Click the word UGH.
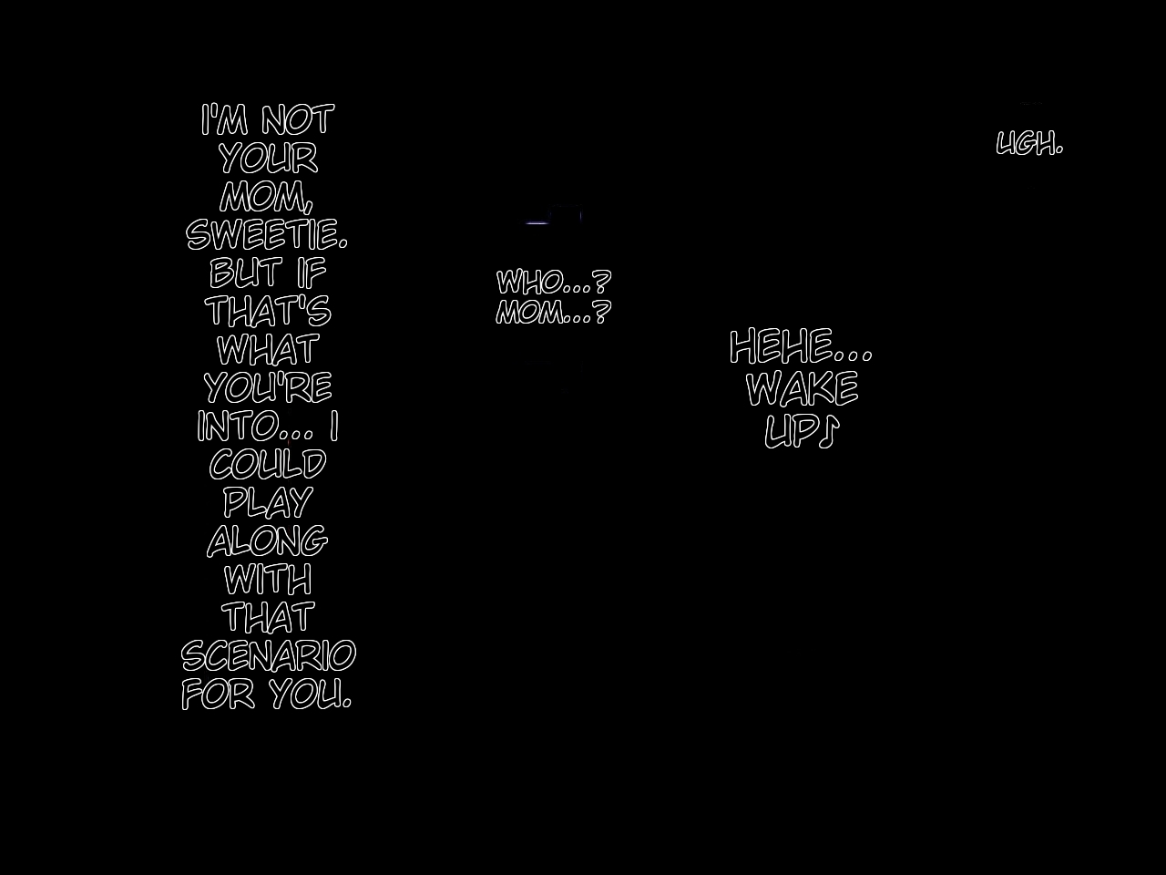[x=1029, y=144]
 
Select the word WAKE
[x=802, y=389]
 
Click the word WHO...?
[x=553, y=282]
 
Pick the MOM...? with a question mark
[x=553, y=313]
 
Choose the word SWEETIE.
[x=266, y=234]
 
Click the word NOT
[x=297, y=120]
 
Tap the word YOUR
[x=268, y=159]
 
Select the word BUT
[x=244, y=273]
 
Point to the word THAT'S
[x=268, y=311]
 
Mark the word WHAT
[x=268, y=349]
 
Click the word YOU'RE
[x=268, y=387]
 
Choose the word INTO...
[x=239, y=426]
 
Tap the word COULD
[x=268, y=464]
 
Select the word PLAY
[x=268, y=502]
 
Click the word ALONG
[x=267, y=540]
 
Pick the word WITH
[x=268, y=579]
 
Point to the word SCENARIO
[x=268, y=655]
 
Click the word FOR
[x=218, y=694]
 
